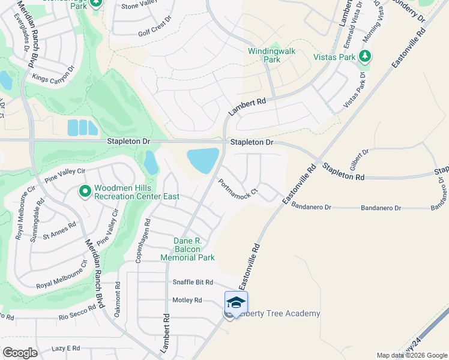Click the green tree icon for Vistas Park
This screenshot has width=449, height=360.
coord(364,56)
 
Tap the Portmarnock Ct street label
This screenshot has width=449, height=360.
coord(238,187)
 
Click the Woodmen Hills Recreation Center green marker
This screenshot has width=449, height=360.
coord(85,191)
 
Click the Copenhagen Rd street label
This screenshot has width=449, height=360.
coord(145,238)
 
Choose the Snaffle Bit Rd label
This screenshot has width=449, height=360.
coord(193,282)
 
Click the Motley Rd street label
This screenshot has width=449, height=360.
coord(189,301)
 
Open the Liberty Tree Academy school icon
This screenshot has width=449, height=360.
coord(236,302)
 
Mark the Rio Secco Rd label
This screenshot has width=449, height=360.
coord(77,313)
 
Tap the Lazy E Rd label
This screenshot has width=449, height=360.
coord(65,348)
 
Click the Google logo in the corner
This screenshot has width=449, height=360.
coord(20,353)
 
